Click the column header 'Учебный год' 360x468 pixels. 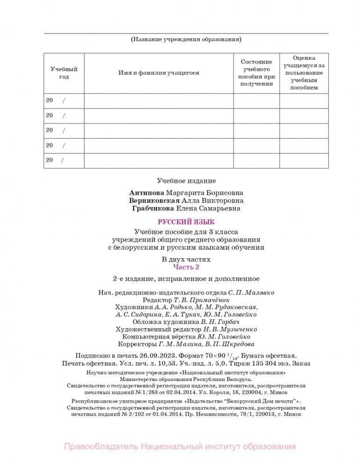pos(64,73)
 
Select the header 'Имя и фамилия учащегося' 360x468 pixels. pos(158,73)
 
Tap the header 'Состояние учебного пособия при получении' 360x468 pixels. pos(256,73)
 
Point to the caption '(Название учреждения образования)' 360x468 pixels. pos(186,40)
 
